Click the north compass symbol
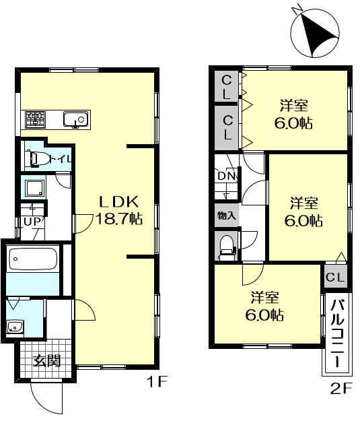click(x=315, y=32)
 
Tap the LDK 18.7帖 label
click(x=119, y=210)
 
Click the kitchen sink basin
click(x=75, y=119)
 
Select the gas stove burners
click(x=35, y=119)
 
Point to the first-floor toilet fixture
click(x=37, y=158)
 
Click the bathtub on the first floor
click(x=33, y=259)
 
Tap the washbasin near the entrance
click(x=15, y=327)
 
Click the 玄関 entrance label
click(x=46, y=360)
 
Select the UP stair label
click(x=32, y=222)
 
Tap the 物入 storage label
click(x=227, y=216)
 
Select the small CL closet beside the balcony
click(x=335, y=277)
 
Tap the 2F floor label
click(x=340, y=389)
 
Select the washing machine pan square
click(x=34, y=188)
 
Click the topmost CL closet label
click(x=227, y=87)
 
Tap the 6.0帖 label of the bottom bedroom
click(x=264, y=315)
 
